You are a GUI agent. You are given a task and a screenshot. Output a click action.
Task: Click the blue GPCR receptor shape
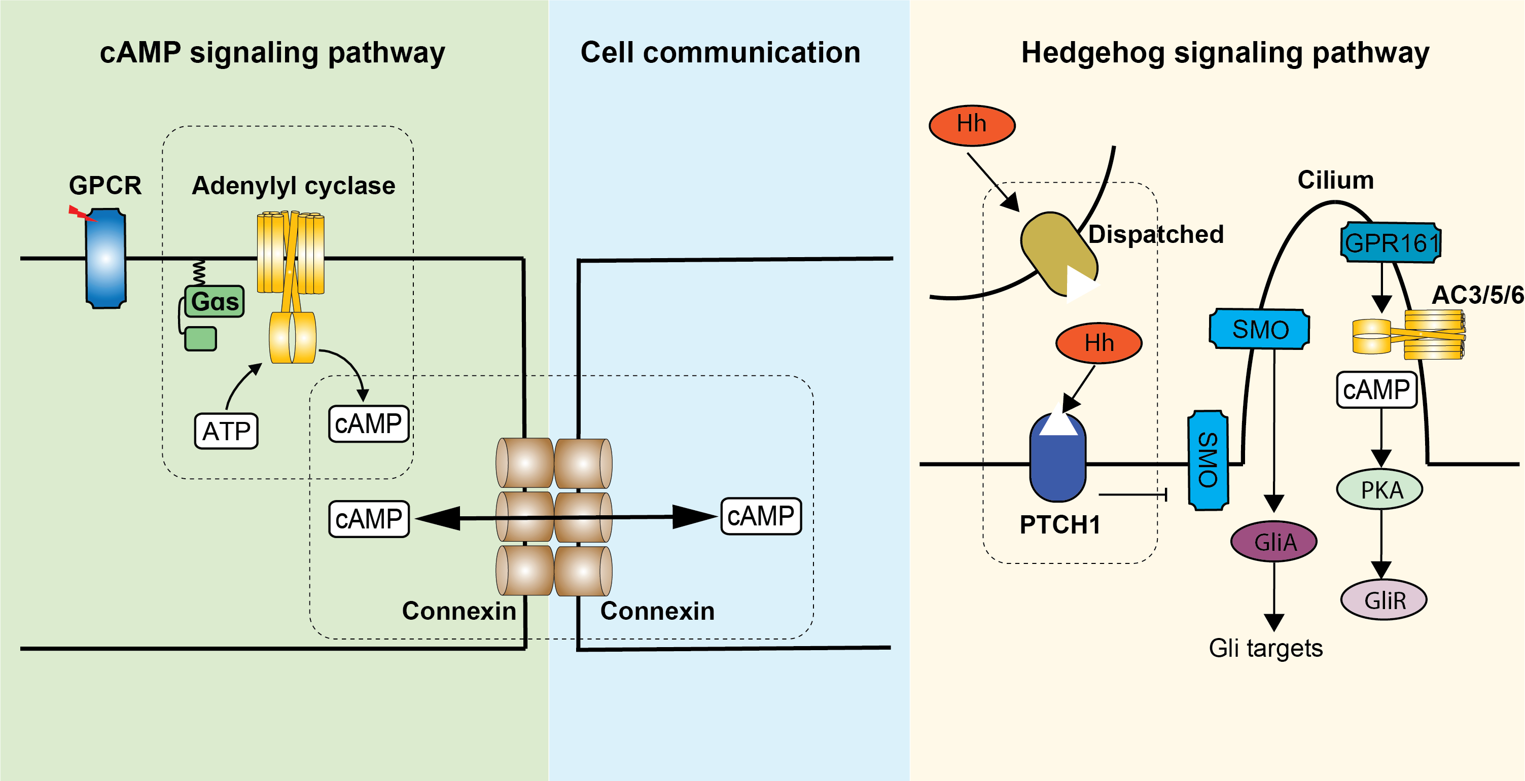(106, 258)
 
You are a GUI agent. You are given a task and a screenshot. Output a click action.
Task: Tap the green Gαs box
(215, 301)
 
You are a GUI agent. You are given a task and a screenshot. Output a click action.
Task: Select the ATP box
(226, 431)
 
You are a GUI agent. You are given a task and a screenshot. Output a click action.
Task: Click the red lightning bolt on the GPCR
(82, 213)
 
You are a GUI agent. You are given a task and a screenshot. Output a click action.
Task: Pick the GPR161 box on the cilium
(1391, 242)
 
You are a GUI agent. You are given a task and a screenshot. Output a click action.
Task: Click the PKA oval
(1380, 490)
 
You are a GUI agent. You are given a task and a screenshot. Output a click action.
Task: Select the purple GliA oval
(1274, 541)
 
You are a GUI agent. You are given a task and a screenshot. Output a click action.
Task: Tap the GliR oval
(1384, 600)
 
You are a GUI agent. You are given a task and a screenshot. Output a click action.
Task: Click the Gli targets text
(1266, 648)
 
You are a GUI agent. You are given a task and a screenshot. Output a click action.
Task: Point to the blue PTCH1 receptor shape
(1058, 456)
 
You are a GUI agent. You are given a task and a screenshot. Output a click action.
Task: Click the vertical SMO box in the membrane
(1208, 460)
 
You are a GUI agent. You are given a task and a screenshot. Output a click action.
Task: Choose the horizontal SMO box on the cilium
(1259, 329)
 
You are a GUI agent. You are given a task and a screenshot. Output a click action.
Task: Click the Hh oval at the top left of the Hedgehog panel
(972, 125)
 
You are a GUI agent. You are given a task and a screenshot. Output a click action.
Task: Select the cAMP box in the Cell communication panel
(761, 516)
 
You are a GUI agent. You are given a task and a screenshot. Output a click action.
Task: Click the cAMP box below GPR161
(1376, 389)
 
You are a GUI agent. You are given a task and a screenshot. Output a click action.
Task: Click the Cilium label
(1335, 180)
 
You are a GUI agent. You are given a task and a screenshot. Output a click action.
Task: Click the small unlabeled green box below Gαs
(201, 339)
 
